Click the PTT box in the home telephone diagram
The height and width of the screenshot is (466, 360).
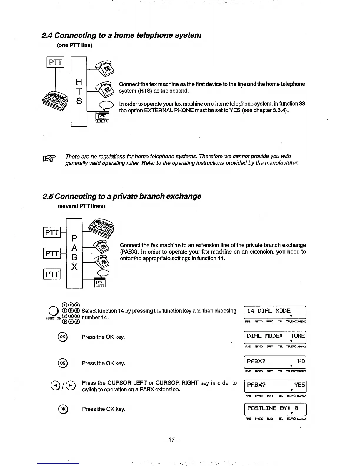[55, 62]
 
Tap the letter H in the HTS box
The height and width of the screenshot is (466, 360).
[79, 81]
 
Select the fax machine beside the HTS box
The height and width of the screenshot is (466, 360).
[56, 100]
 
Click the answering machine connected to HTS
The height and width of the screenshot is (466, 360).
[103, 117]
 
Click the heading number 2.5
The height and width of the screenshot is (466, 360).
[48, 196]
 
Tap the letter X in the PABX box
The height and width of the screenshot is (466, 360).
[74, 267]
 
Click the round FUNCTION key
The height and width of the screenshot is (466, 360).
[53, 311]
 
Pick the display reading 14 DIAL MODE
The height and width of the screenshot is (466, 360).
[275, 312]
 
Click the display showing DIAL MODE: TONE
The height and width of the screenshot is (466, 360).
[275, 337]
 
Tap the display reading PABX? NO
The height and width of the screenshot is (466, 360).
[275, 362]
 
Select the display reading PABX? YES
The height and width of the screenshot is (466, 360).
[275, 386]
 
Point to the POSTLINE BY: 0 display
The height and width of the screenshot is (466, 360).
[275, 409]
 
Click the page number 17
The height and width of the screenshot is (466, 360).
[172, 440]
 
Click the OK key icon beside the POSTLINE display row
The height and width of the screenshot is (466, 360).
[63, 409]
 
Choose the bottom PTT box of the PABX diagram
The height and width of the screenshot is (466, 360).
[52, 274]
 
